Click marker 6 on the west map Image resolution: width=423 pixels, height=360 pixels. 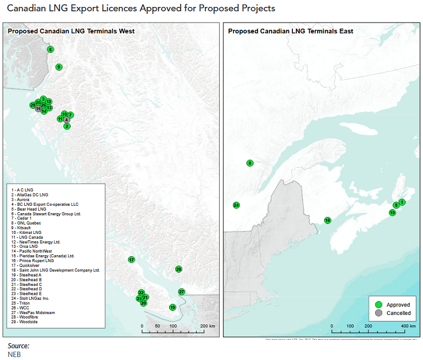point(50,49)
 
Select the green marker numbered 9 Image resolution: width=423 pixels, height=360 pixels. point(58,67)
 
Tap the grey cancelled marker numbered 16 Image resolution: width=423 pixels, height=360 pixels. point(38,109)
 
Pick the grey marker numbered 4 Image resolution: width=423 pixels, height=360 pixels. point(66,120)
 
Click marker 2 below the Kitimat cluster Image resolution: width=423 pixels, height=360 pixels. point(67,126)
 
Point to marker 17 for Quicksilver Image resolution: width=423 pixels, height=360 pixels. point(131,260)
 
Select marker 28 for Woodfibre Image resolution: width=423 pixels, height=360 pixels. point(179,269)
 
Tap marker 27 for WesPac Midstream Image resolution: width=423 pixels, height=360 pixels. point(182,292)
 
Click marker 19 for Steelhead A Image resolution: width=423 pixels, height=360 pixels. point(173,307)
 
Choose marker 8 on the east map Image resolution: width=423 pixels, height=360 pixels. point(250,163)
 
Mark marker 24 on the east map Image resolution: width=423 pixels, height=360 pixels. point(236,205)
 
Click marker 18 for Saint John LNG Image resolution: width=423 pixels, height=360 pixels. point(328,220)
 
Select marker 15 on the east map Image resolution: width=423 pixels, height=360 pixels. point(392,213)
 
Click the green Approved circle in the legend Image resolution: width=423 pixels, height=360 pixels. point(379,305)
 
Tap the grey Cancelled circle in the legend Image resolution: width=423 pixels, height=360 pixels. point(379,313)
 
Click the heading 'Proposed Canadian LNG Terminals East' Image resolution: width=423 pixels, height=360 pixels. point(290,31)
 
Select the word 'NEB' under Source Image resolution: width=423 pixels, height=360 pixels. point(14,354)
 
